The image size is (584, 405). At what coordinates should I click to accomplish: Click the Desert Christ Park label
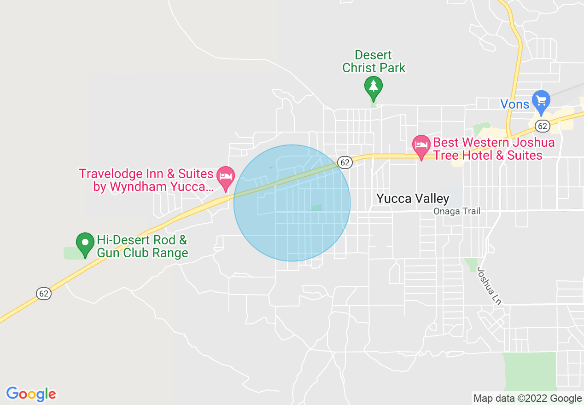click(x=374, y=62)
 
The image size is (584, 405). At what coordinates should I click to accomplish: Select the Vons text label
click(x=515, y=104)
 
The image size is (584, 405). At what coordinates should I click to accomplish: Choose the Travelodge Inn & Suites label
click(x=146, y=180)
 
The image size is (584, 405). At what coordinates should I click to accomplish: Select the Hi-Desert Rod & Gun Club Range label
click(x=142, y=246)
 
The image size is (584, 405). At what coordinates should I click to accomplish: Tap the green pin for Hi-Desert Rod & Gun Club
click(x=85, y=243)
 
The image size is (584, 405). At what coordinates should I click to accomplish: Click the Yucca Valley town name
click(x=413, y=198)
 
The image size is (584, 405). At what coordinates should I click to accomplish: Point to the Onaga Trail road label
click(x=457, y=211)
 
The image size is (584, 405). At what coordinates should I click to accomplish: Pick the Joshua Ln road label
click(x=489, y=286)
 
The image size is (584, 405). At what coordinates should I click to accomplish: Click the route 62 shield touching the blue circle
click(x=345, y=162)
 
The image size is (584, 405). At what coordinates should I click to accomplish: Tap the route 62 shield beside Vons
click(x=542, y=126)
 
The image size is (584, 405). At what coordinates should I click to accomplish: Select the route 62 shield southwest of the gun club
click(x=43, y=293)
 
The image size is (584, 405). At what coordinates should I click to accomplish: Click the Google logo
click(x=31, y=394)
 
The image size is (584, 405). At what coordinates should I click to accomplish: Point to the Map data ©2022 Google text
click(x=528, y=399)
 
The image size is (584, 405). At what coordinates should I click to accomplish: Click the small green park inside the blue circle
click(x=316, y=208)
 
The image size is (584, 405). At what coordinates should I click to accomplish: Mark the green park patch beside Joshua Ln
click(x=471, y=264)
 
